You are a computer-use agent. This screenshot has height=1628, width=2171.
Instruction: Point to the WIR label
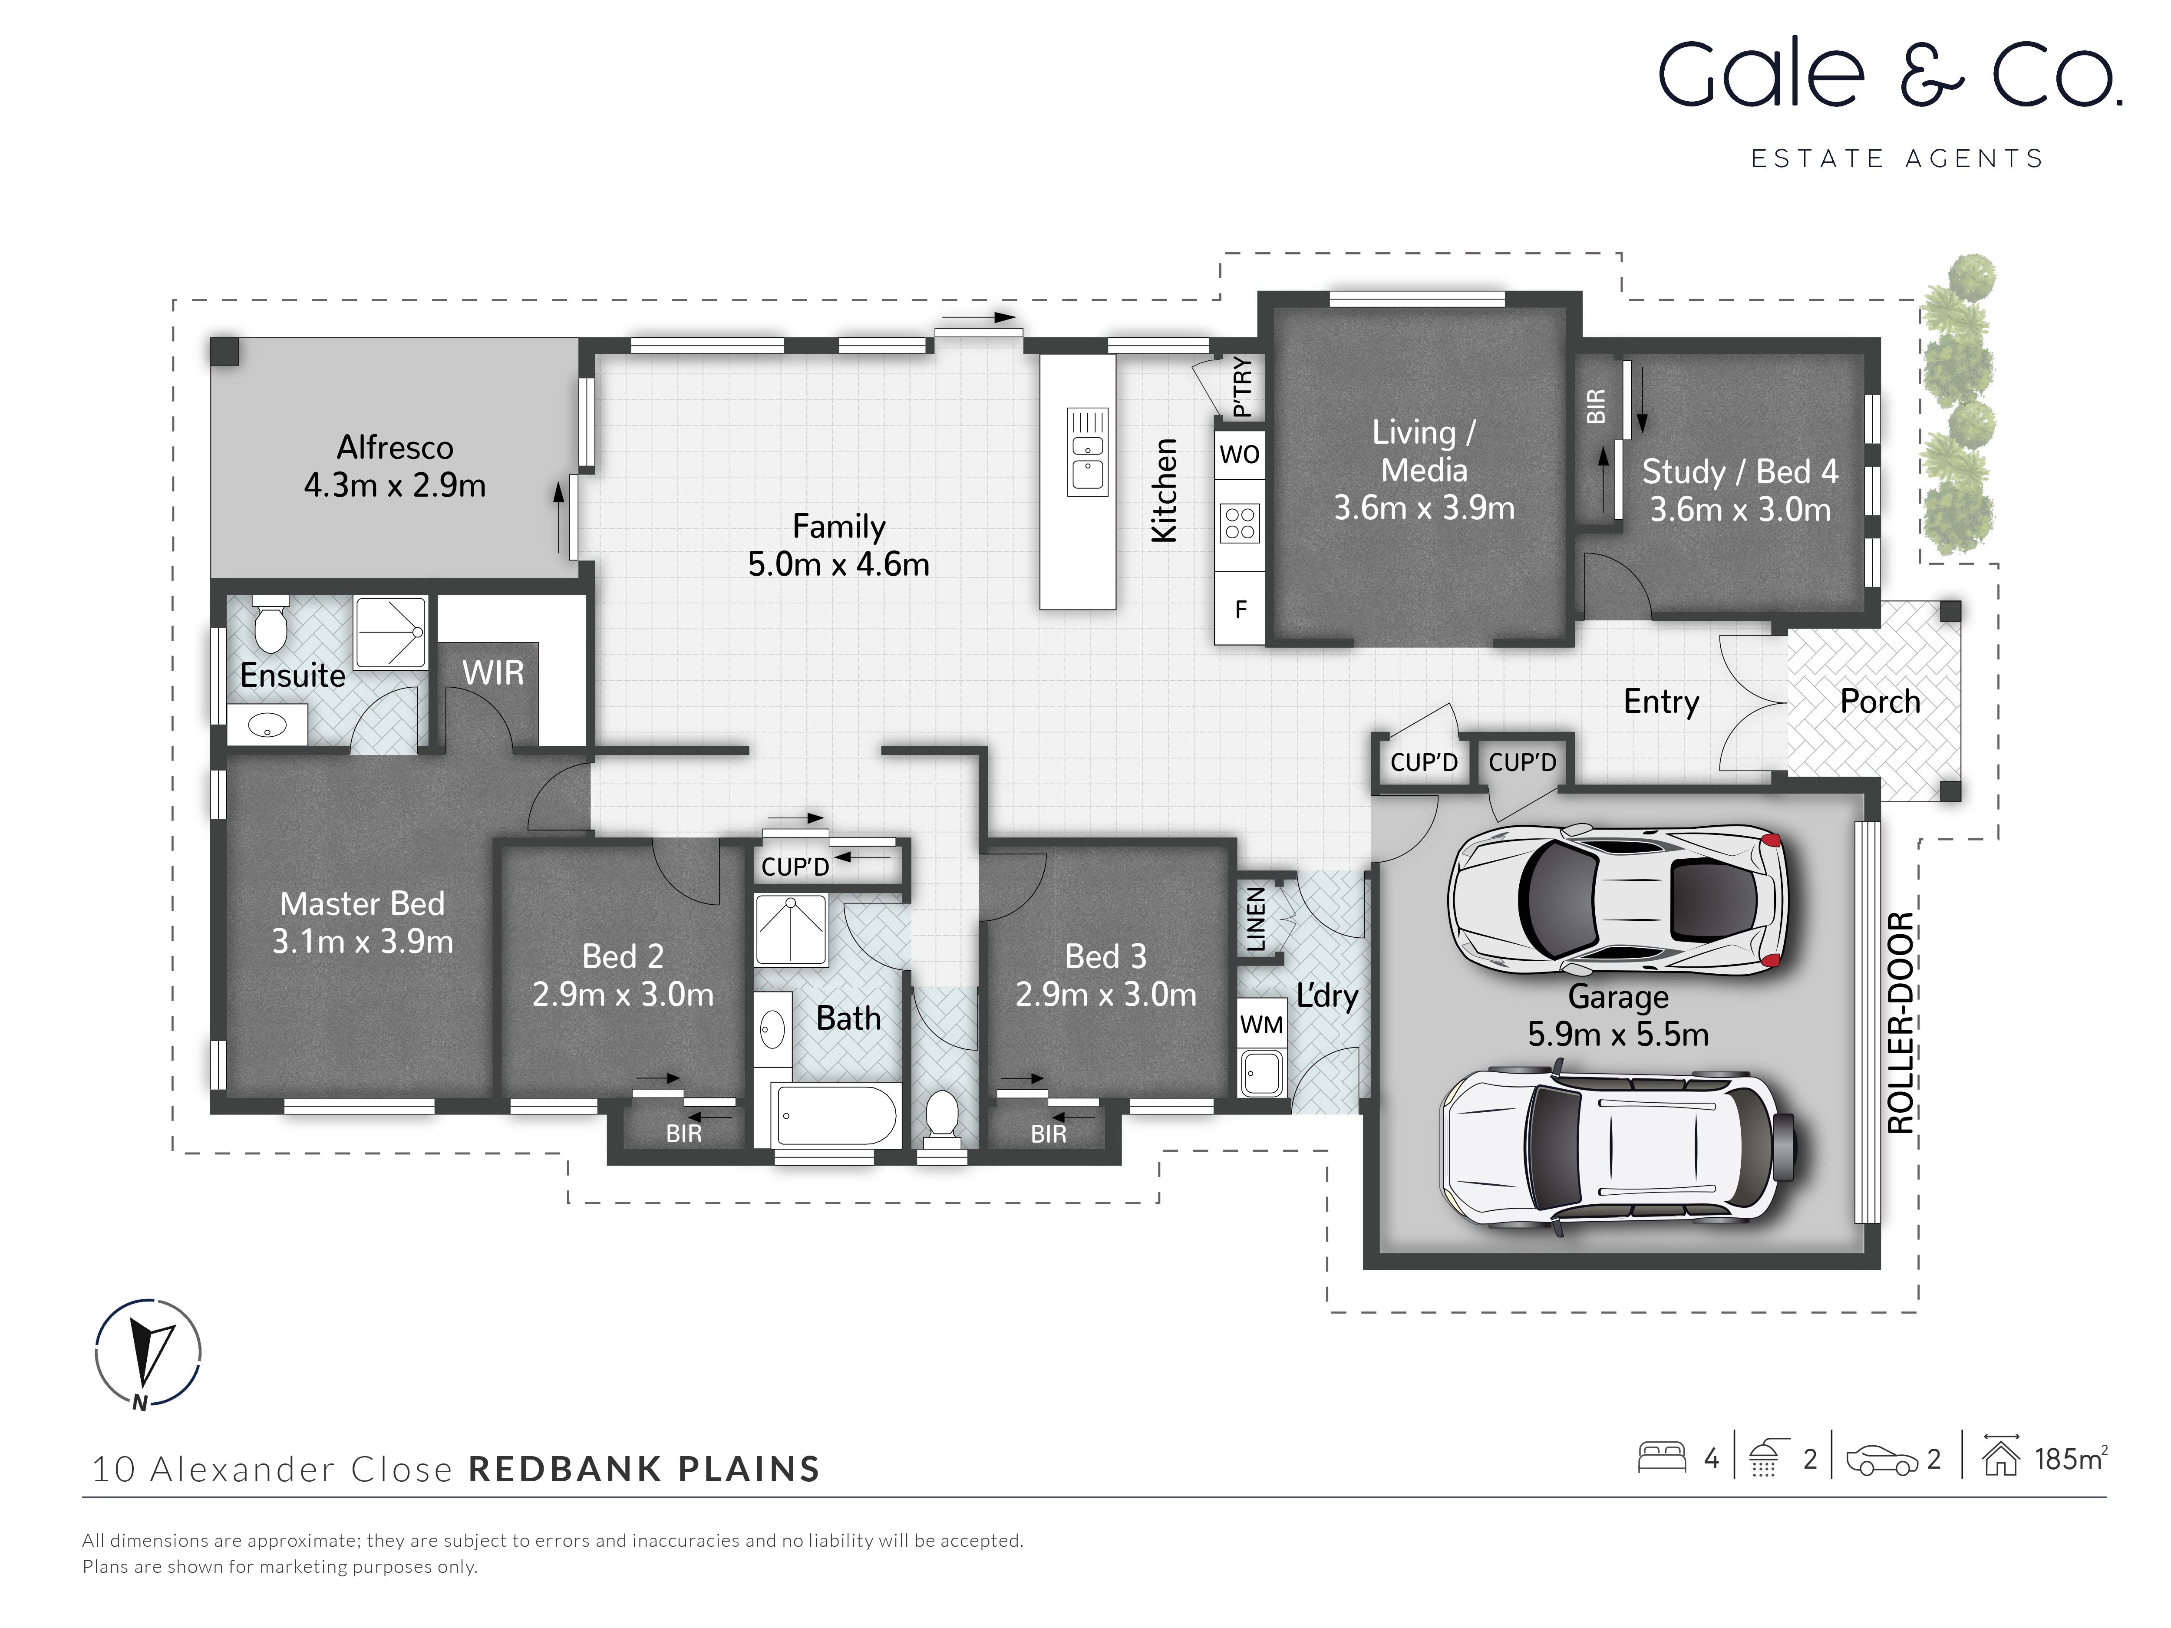493,673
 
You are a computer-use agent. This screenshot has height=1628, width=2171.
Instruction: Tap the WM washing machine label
1261,1025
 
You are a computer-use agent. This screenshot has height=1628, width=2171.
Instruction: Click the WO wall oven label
1240,455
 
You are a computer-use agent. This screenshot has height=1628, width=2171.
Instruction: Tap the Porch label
1880,702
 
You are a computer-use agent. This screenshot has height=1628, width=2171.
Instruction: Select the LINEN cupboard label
1255,919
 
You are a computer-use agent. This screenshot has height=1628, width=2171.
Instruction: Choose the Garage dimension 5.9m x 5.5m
1617,1034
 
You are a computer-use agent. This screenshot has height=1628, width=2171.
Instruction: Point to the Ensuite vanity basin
267,726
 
